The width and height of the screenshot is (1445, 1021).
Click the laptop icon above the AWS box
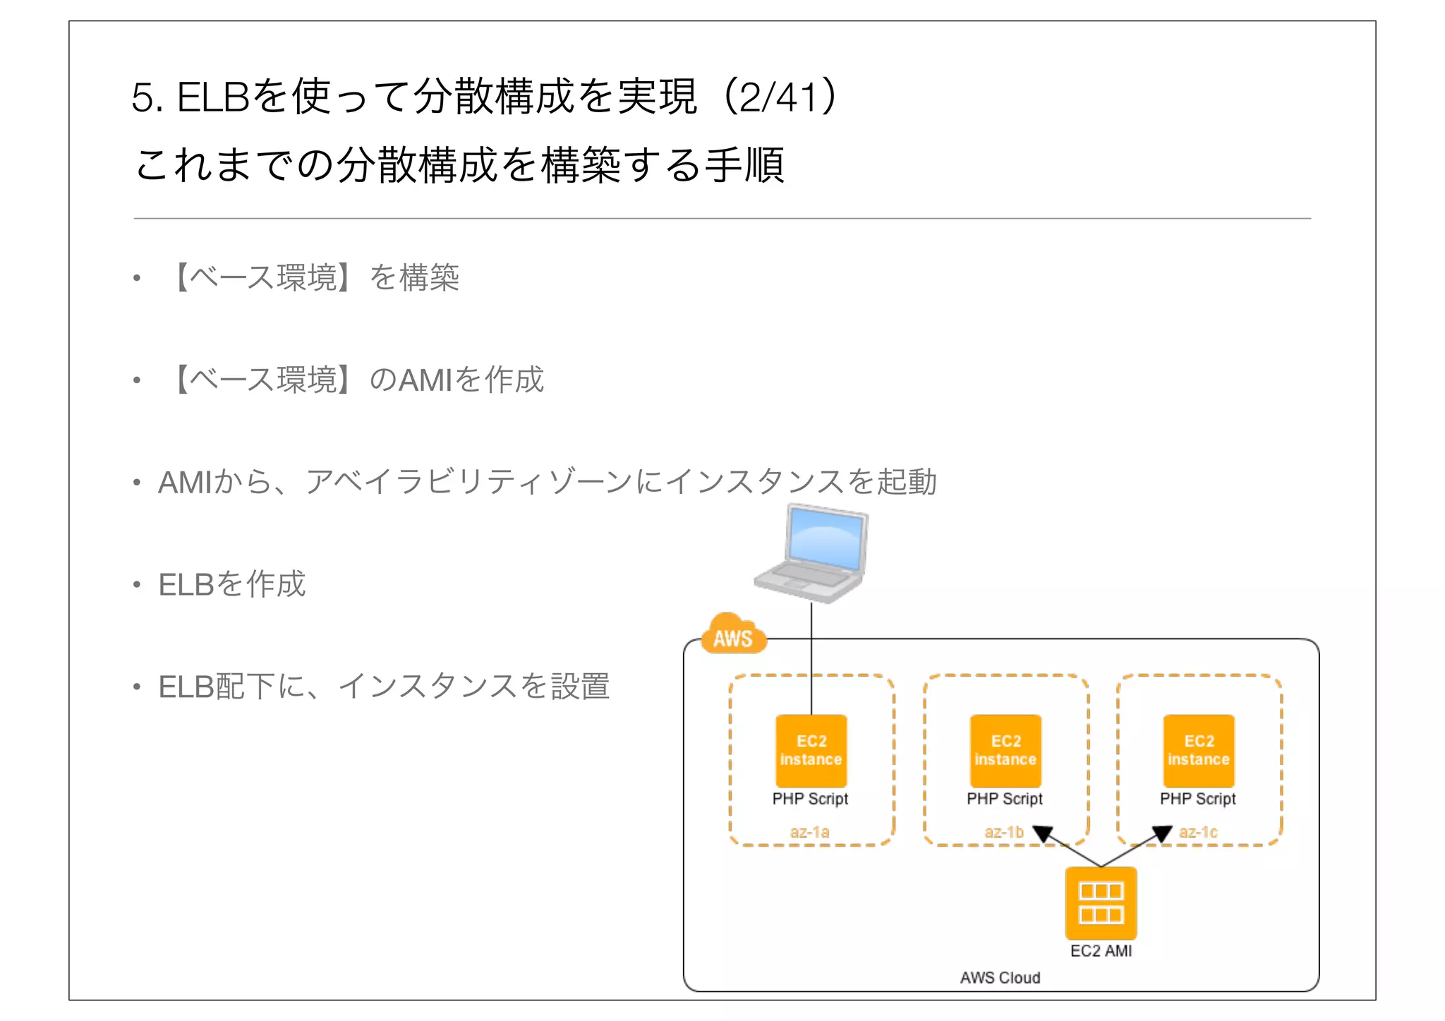[x=811, y=554]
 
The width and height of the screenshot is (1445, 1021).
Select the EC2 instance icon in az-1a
[x=811, y=751]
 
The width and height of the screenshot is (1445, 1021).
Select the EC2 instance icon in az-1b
[x=1005, y=751]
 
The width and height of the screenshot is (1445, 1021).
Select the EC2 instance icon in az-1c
[x=1199, y=751]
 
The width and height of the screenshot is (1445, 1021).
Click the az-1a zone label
[x=809, y=832]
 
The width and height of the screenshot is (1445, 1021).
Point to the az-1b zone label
[x=1003, y=832]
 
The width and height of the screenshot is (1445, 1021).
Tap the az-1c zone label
[x=1198, y=832]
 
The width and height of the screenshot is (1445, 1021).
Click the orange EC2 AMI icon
[x=1101, y=903]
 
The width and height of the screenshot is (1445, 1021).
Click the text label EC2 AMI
[x=1101, y=951]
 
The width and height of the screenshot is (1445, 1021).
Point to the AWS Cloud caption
[x=1000, y=978]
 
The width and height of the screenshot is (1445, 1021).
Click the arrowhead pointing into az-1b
[x=1043, y=834]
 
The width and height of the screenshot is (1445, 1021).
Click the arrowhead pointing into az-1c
[x=1162, y=834]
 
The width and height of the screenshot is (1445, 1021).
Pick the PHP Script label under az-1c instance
[x=1197, y=799]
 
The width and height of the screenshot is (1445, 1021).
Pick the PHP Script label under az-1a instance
[x=810, y=799]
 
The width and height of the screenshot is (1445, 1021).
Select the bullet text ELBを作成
[x=232, y=584]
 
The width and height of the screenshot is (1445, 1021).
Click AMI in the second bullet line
[x=425, y=380]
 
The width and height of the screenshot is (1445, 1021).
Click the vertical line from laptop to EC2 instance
[x=811, y=660]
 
